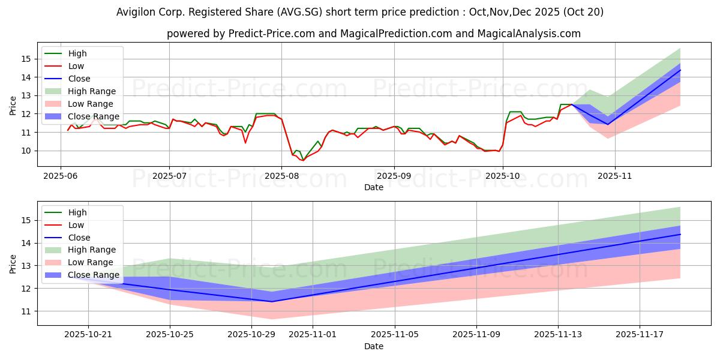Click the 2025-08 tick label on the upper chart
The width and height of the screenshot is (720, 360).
[281, 176]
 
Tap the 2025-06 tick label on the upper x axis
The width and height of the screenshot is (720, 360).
[60, 176]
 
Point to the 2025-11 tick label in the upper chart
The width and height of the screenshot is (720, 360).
[615, 176]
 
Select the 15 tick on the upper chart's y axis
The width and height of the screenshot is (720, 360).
[25, 59]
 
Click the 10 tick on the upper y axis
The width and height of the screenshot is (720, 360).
[25, 151]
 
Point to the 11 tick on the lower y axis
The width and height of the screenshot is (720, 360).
[25, 311]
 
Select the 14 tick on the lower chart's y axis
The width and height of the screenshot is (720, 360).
[25, 243]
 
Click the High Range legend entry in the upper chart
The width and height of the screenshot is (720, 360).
[92, 91]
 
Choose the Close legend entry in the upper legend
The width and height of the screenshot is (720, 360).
[79, 79]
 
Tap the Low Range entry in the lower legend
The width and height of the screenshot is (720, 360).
[91, 262]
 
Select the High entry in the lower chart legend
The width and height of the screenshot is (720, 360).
[77, 212]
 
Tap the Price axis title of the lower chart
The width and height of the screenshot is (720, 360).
[13, 263]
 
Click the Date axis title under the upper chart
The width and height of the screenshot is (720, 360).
[373, 187]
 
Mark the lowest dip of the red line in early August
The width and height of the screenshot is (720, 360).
[303, 160]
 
